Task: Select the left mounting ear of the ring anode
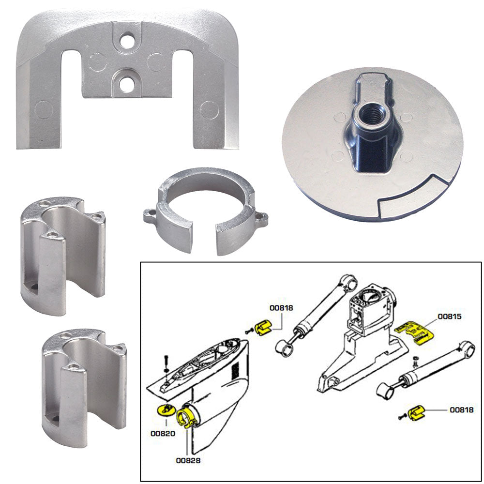click(x=151, y=216)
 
